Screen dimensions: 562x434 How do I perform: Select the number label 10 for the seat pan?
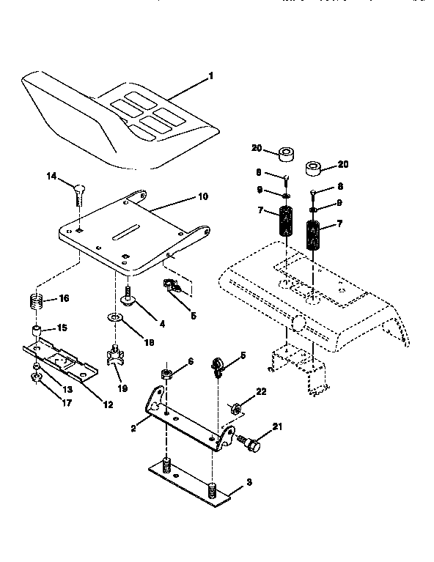(x=203, y=196)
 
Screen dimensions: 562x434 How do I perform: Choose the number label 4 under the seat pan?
(x=162, y=322)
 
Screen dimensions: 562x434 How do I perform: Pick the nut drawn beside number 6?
(x=166, y=374)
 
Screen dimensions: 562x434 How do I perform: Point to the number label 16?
(x=64, y=298)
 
